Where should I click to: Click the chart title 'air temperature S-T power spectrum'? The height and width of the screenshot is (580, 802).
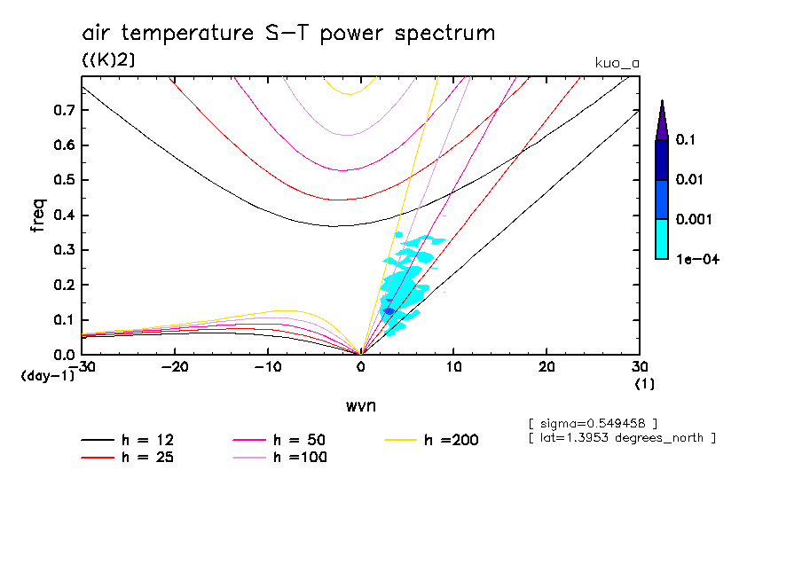(x=288, y=34)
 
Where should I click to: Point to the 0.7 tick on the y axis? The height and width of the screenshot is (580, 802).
(x=64, y=111)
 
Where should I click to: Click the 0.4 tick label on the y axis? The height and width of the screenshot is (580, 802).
(x=64, y=216)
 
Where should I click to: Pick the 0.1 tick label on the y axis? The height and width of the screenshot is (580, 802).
(x=64, y=320)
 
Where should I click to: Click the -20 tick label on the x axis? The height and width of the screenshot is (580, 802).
(x=175, y=367)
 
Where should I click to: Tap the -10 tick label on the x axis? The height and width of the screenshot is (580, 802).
(x=268, y=367)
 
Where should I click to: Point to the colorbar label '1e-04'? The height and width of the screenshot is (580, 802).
(x=696, y=259)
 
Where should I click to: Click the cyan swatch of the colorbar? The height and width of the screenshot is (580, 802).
(x=661, y=239)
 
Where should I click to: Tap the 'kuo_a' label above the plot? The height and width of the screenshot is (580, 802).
(x=617, y=63)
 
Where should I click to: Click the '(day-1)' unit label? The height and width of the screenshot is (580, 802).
(x=48, y=376)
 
